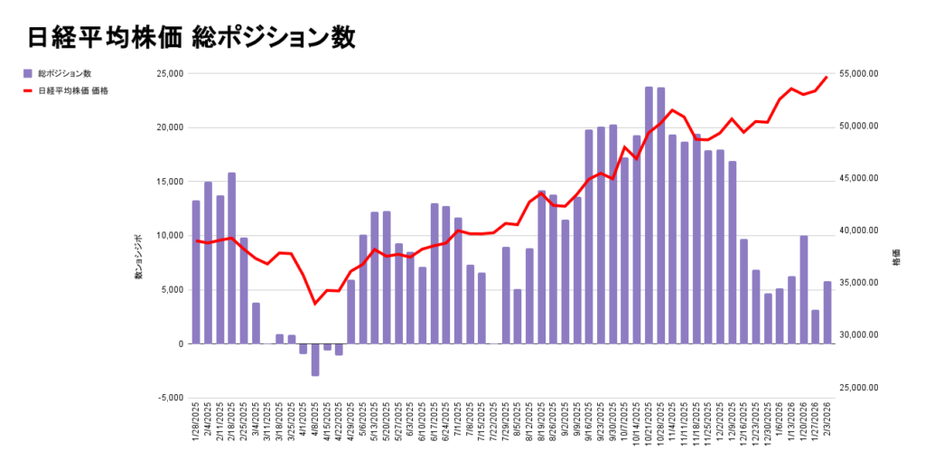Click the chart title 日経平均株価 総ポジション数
tap(192, 37)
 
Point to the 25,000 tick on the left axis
tap(169, 73)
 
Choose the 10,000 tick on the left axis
tap(169, 236)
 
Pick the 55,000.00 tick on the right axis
tap(858, 74)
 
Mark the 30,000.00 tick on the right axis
tap(858, 335)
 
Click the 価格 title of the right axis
tap(894, 258)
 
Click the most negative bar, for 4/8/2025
tap(315, 360)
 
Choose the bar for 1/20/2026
tap(803, 289)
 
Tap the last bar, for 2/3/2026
tap(827, 313)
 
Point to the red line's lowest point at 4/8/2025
tap(315, 304)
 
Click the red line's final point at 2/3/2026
tap(827, 77)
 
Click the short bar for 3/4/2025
tap(256, 323)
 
